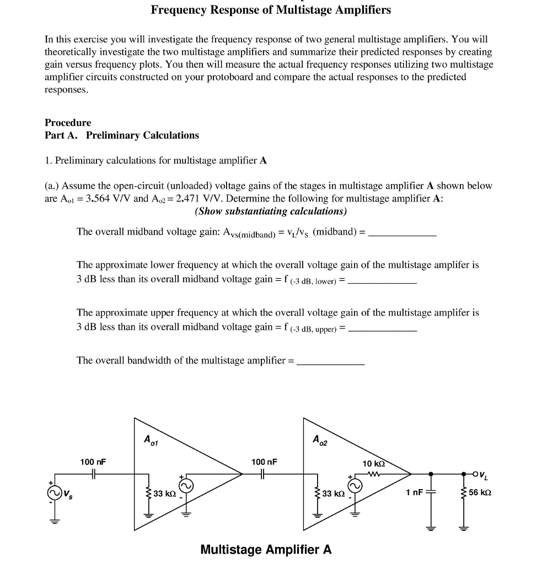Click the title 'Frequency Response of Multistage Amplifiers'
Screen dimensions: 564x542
click(x=271, y=10)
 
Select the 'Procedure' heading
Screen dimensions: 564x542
click(x=68, y=122)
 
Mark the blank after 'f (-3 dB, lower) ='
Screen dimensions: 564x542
click(x=383, y=281)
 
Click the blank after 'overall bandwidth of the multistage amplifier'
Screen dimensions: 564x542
click(x=330, y=362)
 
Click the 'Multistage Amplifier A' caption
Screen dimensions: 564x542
click(x=266, y=549)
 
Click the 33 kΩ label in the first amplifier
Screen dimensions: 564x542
click(x=164, y=493)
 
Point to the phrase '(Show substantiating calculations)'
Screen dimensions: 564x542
click(x=271, y=211)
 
